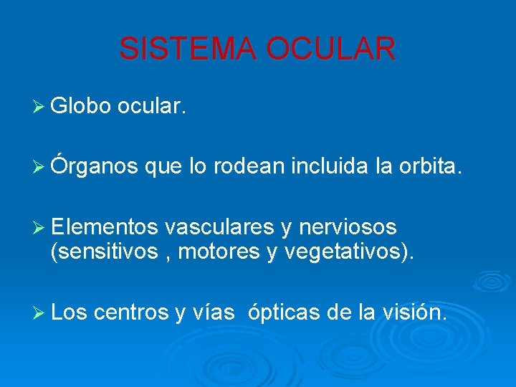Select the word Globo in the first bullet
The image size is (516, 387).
pyautogui.click(x=80, y=107)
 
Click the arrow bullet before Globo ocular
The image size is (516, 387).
pyautogui.click(x=40, y=107)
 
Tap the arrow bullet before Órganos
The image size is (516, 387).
pyautogui.click(x=40, y=168)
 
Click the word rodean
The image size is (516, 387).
pyautogui.click(x=242, y=167)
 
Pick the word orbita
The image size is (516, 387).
pyautogui.click(x=429, y=167)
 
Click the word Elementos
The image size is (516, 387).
pyautogui.click(x=105, y=227)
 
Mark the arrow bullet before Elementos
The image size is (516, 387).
pyautogui.click(x=40, y=228)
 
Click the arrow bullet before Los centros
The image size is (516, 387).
pyautogui.click(x=40, y=312)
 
